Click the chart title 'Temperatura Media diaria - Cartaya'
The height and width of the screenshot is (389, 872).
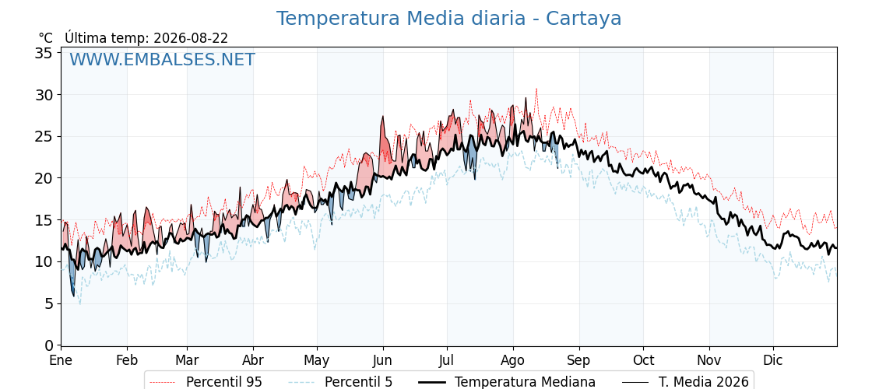pyautogui.click(x=448, y=19)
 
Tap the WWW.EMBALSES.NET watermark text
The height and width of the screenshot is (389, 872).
pyautogui.click(x=163, y=59)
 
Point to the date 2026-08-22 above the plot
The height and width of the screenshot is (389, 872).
pyautogui.click(x=191, y=38)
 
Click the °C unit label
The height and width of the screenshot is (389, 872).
pyautogui.click(x=46, y=38)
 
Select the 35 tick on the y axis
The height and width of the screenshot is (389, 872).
pyautogui.click(x=44, y=53)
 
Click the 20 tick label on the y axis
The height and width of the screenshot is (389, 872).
pyautogui.click(x=44, y=178)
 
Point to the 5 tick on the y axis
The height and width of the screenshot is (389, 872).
pyautogui.click(x=48, y=304)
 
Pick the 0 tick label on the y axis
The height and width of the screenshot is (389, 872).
pyautogui.click(x=48, y=345)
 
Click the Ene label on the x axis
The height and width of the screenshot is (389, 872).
pyautogui.click(x=61, y=361)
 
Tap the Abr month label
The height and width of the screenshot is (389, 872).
pyautogui.click(x=253, y=361)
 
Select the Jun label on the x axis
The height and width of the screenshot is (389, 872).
pyautogui.click(x=382, y=361)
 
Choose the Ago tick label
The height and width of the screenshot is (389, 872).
pyautogui.click(x=513, y=361)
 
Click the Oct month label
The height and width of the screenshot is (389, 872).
pyautogui.click(x=643, y=361)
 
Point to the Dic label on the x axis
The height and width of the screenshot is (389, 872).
pyautogui.click(x=773, y=361)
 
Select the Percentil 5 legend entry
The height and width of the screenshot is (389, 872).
pyautogui.click(x=341, y=382)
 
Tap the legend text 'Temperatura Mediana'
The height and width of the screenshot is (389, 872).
pyautogui.click(x=505, y=382)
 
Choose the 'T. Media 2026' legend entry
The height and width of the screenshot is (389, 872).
pyautogui.click(x=685, y=382)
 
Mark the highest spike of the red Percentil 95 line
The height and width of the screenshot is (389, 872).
pyautogui.click(x=536, y=89)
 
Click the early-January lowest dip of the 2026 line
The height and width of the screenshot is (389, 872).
pyautogui.click(x=73, y=296)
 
